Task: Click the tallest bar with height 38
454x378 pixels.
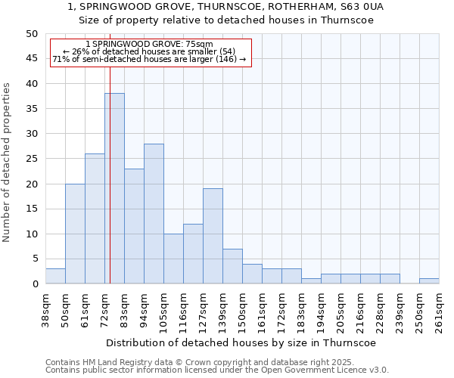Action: (114, 188)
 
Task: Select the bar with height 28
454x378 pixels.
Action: (154, 213)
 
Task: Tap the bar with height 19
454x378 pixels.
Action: (213, 236)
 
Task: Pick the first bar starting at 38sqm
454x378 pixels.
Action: (55, 276)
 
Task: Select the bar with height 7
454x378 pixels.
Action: (232, 266)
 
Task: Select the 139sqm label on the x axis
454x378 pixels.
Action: (222, 308)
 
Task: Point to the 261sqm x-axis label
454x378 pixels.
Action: (439, 308)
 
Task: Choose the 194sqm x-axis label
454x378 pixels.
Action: (321, 308)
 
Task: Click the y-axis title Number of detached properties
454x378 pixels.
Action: (8, 163)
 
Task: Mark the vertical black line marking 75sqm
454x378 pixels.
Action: (110, 151)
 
